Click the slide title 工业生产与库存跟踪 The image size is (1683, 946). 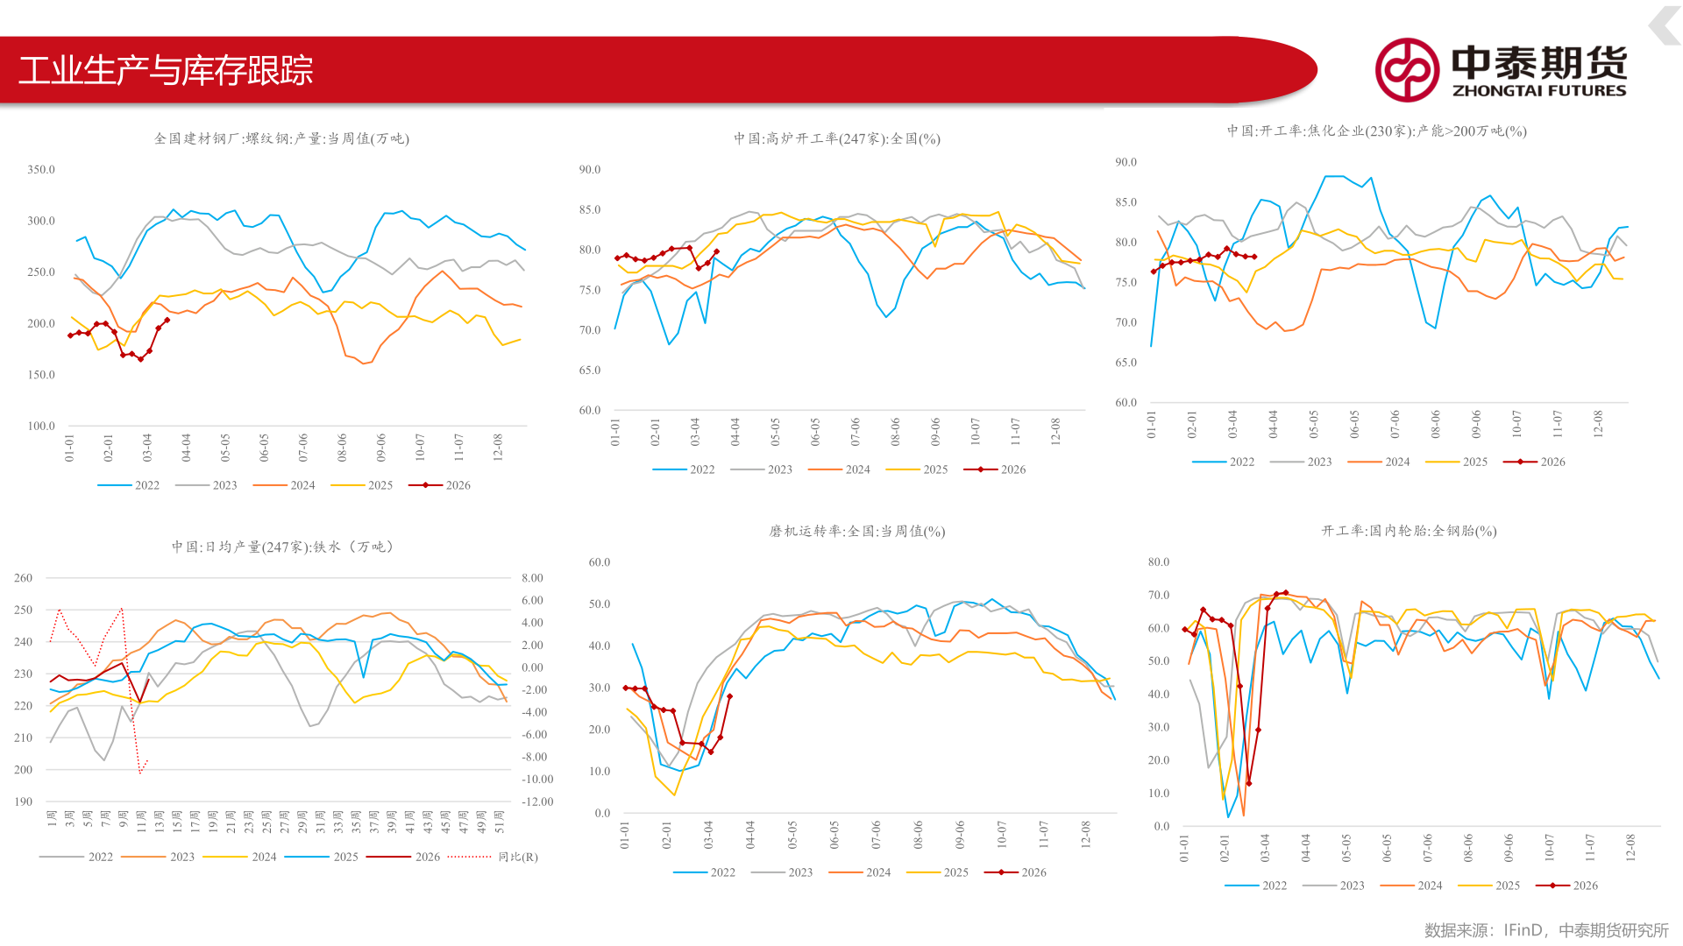[x=166, y=70]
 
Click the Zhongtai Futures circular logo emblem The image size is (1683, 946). [x=1407, y=69]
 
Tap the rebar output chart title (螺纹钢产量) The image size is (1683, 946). [x=281, y=138]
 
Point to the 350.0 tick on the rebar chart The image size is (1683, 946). [x=41, y=170]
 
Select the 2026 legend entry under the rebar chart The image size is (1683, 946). [x=440, y=485]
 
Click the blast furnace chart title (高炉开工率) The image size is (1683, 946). [x=837, y=138]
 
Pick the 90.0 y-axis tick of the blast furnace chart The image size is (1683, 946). [x=590, y=170]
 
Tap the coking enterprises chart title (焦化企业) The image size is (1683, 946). [x=1376, y=131]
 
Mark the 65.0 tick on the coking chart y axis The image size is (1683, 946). [x=1126, y=363]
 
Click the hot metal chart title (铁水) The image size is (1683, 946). [x=282, y=547]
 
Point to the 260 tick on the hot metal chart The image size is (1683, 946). [x=23, y=578]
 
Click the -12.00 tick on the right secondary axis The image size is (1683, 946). [x=537, y=801]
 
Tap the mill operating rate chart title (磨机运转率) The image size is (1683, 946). [x=857, y=531]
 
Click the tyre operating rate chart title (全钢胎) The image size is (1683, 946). [x=1409, y=531]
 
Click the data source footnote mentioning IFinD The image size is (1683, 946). [x=1546, y=930]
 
